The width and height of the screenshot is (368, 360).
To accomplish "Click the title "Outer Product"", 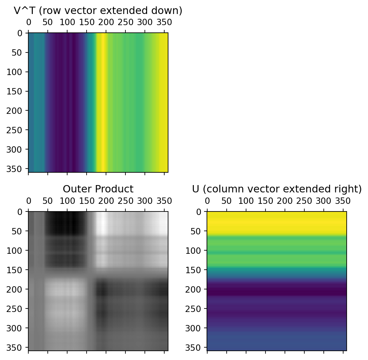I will pos(98,189).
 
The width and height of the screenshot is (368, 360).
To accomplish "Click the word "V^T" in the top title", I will pos(24,10).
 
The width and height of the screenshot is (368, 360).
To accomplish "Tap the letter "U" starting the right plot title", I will pos(195,189).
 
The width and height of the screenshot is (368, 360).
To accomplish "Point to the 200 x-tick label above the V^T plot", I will pos(106,23).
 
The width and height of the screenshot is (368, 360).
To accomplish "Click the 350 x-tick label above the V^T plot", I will pos(164,23).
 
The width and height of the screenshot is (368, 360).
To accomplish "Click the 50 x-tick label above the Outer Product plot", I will pos(48,201).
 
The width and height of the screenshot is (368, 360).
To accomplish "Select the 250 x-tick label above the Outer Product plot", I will pos(125,201).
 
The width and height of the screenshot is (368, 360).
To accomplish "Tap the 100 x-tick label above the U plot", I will pos(246,201).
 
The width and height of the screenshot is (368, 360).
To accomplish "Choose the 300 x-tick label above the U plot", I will pos(323,201).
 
